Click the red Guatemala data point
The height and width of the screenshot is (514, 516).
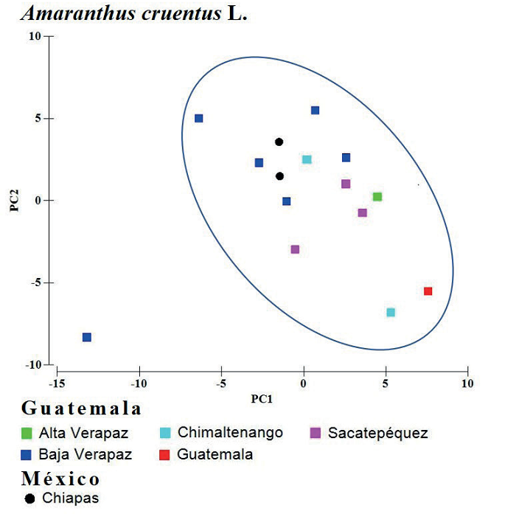428,291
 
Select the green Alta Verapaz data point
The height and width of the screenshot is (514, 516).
377,197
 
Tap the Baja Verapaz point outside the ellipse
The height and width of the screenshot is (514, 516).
87,337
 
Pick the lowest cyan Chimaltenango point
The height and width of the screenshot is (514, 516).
391,312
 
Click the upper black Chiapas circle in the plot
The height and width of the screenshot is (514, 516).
279,142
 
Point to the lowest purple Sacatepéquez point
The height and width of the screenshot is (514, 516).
295,249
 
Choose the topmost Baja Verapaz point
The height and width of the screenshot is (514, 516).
315,111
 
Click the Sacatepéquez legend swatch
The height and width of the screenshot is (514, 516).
315,433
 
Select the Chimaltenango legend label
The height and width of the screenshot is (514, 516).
230,433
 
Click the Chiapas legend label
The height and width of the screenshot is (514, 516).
70,498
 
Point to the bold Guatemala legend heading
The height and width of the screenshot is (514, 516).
81,409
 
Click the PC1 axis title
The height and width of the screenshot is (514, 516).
262,399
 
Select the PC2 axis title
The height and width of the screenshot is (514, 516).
14,200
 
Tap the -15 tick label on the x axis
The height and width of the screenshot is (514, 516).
53,384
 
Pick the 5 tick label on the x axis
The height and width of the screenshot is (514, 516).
385,384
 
